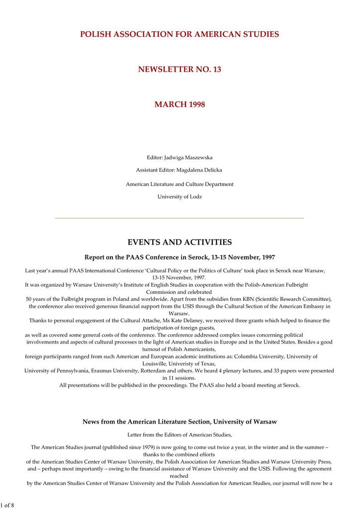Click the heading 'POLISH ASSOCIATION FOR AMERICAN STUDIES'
point(180,34)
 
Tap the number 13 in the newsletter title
point(216,70)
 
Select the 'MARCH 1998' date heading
point(180,104)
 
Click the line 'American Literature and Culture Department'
point(180,184)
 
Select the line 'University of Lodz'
point(180,197)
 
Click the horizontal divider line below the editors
point(180,218)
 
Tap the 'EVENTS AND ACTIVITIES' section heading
point(180,243)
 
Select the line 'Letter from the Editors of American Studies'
point(180,435)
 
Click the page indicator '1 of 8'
point(7,505)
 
